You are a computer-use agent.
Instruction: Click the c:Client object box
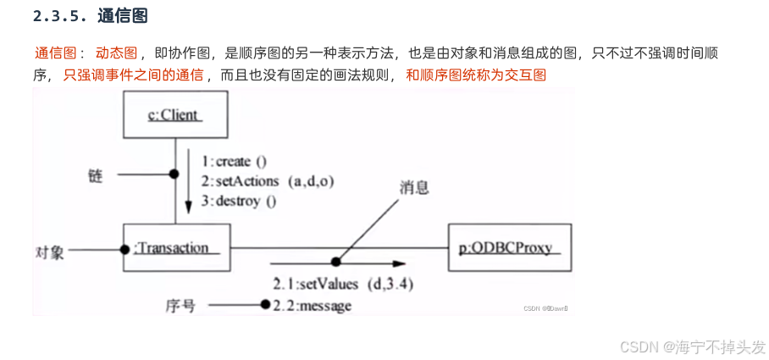pos(176,115)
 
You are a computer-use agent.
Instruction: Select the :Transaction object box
pos(176,247)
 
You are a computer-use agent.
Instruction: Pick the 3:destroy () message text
pos(239,202)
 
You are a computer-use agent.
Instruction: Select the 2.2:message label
pos(312,306)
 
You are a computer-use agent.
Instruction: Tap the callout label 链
pos(95,174)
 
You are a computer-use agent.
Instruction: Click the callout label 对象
pos(50,252)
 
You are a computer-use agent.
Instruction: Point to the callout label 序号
pos(181,306)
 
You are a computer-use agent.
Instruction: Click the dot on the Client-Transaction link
pos(175,174)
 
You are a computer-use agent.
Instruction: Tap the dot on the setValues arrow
pos(336,263)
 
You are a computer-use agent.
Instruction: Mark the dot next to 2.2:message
pos(266,305)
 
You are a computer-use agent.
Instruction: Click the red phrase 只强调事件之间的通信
pos(133,75)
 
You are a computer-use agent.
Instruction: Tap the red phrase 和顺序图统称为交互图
pos(476,75)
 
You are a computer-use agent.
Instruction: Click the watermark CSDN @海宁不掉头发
pos(692,347)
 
